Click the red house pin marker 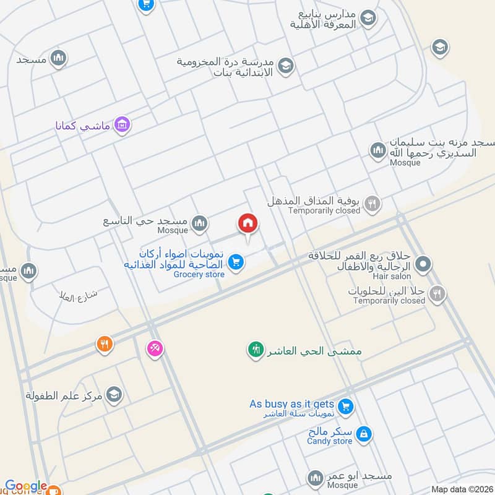(248, 223)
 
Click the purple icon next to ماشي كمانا (123, 124)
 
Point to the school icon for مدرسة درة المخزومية (285, 66)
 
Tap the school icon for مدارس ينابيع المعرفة (368, 19)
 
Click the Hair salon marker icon (423, 265)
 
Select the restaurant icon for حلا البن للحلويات (437, 294)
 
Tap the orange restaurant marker (105, 344)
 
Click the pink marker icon (155, 348)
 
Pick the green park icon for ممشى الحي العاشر (255, 350)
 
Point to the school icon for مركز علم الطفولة (114, 394)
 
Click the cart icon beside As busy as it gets (345, 406)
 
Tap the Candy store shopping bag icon (364, 434)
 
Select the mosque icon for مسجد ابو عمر (316, 478)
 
